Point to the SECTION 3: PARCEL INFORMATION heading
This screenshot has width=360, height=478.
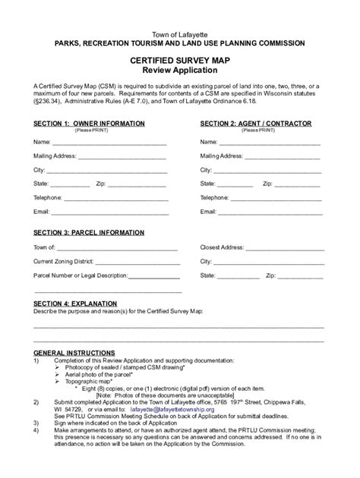tap(89, 232)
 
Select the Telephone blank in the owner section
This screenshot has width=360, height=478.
tap(115, 198)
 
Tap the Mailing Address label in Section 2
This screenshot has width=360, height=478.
tap(222, 156)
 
